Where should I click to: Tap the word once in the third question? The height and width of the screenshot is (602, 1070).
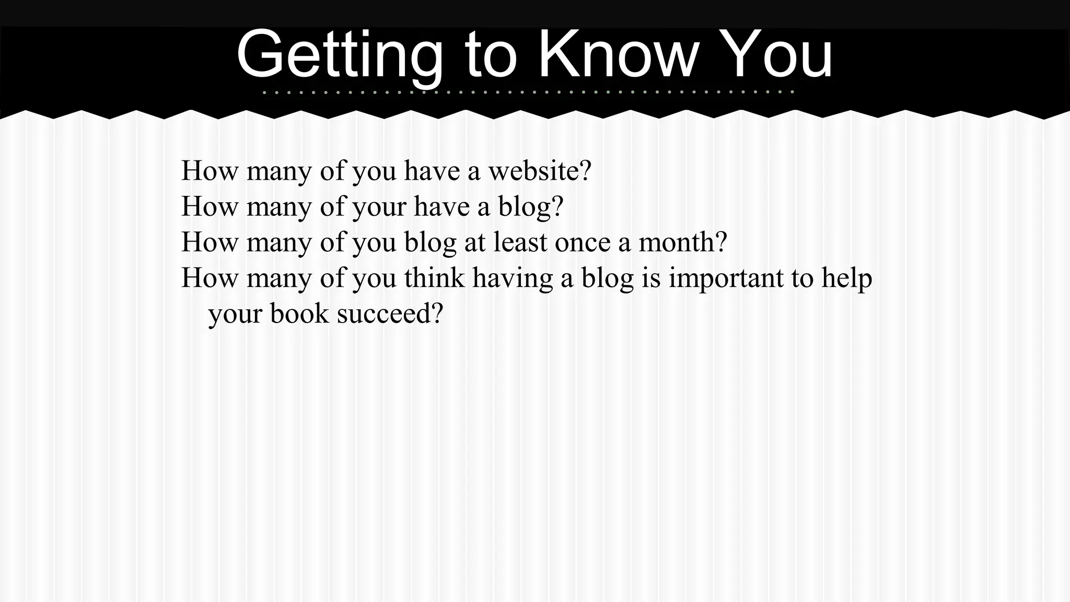[583, 242]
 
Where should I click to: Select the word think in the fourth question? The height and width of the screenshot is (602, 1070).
[434, 277]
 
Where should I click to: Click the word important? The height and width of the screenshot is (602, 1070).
[726, 277]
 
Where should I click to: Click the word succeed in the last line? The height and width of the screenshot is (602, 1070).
[385, 314]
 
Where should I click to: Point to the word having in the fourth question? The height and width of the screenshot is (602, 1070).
[513, 277]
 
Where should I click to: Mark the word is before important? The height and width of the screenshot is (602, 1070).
[651, 277]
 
